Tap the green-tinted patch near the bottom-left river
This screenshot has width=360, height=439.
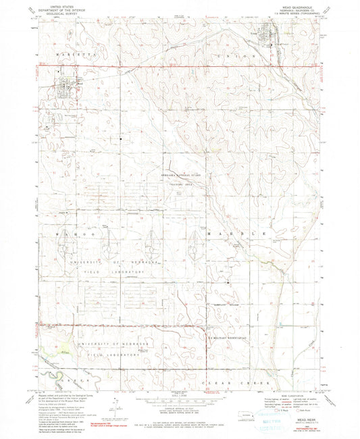(45, 351)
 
